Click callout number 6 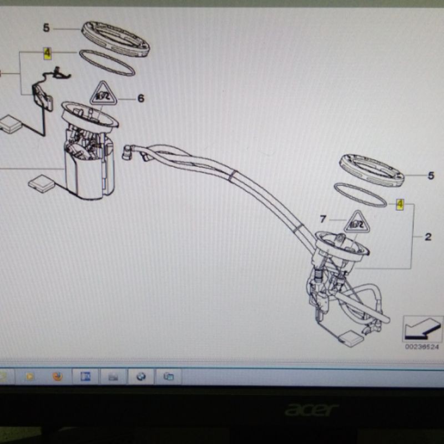coord(140,98)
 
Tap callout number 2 coord(428,237)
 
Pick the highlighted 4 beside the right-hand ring coord(400,204)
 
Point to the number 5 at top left coord(47,28)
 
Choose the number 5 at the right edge coord(431,175)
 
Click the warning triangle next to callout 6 coord(102,94)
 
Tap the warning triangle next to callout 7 coord(355,223)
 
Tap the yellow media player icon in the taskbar coord(29,376)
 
